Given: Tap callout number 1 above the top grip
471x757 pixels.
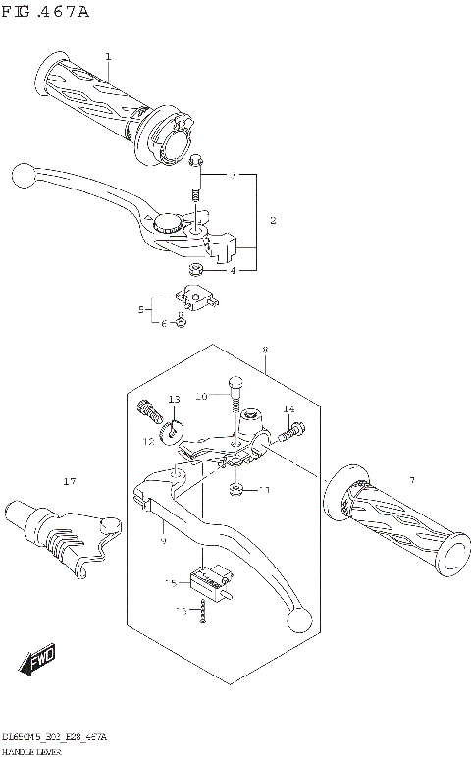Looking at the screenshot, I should click(108, 56).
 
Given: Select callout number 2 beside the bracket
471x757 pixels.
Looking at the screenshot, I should click(272, 220).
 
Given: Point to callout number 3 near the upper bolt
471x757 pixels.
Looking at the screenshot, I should click(234, 176).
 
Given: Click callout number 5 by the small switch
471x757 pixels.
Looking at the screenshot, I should click(141, 309).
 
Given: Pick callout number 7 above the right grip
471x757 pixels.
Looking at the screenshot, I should click(412, 479).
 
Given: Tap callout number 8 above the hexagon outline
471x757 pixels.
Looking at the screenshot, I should click(264, 350).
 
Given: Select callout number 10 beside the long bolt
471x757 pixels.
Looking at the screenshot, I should click(198, 396).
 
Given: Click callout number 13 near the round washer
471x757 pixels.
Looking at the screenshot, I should click(174, 399).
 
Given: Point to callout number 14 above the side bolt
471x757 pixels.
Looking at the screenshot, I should click(288, 408).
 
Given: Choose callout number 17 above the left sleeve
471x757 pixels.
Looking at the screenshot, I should click(68, 481).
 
